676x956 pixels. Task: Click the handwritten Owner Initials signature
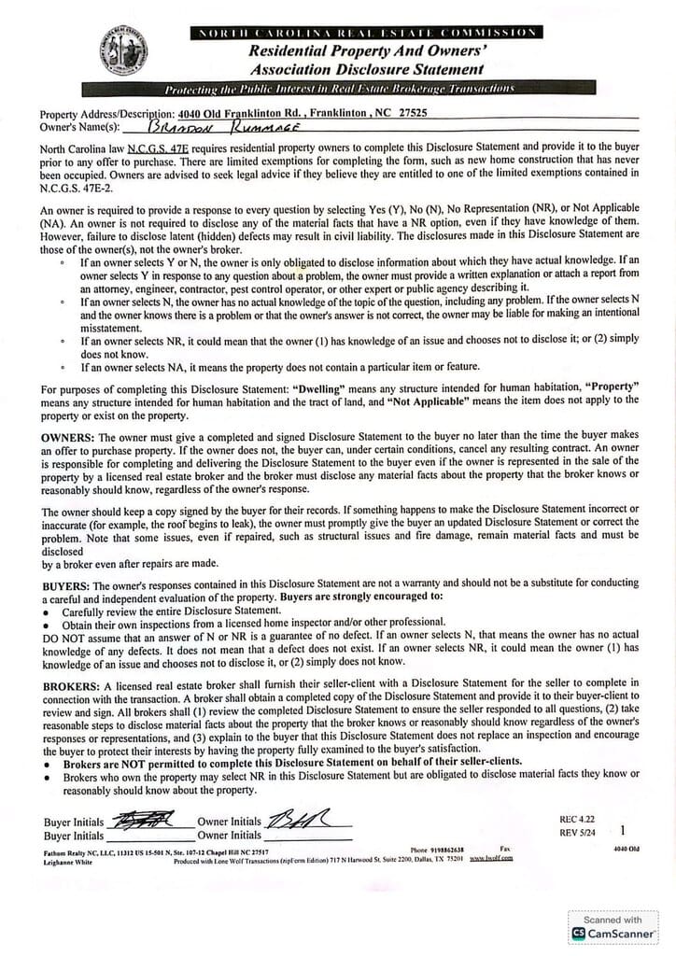tap(307, 821)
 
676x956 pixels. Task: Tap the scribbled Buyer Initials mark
tap(142, 822)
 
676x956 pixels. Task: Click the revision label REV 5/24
tap(578, 831)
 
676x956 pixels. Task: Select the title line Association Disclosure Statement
tap(366, 69)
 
